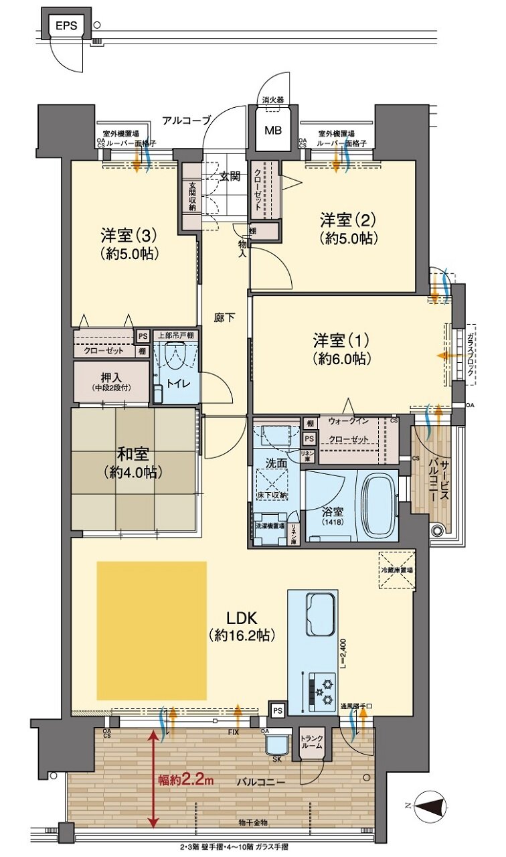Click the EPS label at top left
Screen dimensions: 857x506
click(66, 27)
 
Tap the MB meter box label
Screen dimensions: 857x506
click(272, 130)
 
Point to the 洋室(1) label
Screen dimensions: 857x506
click(341, 347)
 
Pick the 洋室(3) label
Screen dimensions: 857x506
click(129, 244)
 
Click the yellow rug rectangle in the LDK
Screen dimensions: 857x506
click(151, 631)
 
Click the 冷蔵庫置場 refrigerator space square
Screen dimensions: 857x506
click(396, 568)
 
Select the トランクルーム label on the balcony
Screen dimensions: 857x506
click(312, 742)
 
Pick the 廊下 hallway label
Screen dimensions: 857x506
click(224, 319)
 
